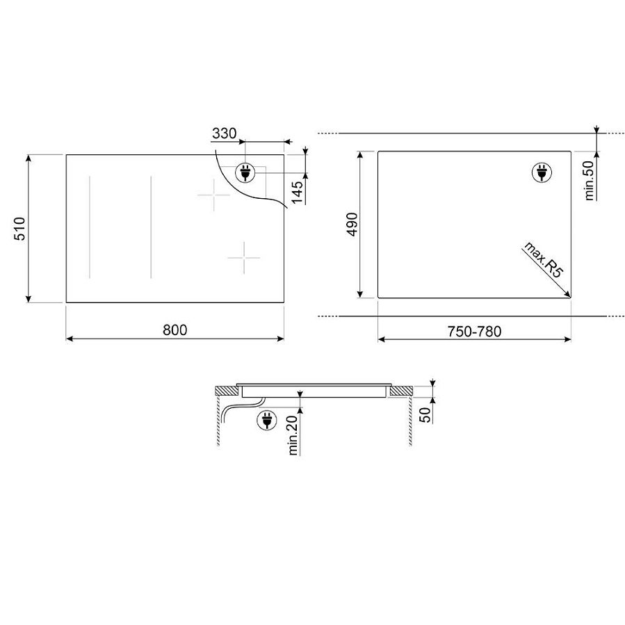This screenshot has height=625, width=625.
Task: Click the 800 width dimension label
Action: pyautogui.click(x=174, y=330)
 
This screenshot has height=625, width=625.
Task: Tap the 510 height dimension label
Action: pyautogui.click(x=20, y=229)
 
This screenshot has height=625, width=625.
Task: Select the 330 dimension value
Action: pyautogui.click(x=224, y=133)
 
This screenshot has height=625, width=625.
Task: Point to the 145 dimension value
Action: pyautogui.click(x=298, y=192)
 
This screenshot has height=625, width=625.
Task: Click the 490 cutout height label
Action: pyautogui.click(x=352, y=225)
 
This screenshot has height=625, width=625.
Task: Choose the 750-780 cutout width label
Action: pyautogui.click(x=474, y=332)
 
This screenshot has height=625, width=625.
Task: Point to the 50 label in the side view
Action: pyautogui.click(x=425, y=415)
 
